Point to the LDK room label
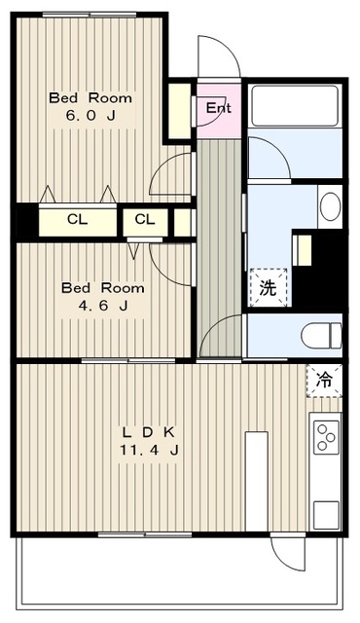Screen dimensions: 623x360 coord(148,431)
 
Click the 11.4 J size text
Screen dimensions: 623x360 coord(148,450)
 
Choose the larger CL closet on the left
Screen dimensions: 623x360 coord(77,220)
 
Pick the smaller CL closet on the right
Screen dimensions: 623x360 coord(144,220)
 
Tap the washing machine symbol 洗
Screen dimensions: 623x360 coord(267,288)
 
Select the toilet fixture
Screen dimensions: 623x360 coord(318,336)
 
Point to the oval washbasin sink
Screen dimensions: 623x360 coord(329,206)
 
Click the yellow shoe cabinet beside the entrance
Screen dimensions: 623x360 coord(179,102)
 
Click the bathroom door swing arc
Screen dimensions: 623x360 coord(269,158)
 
